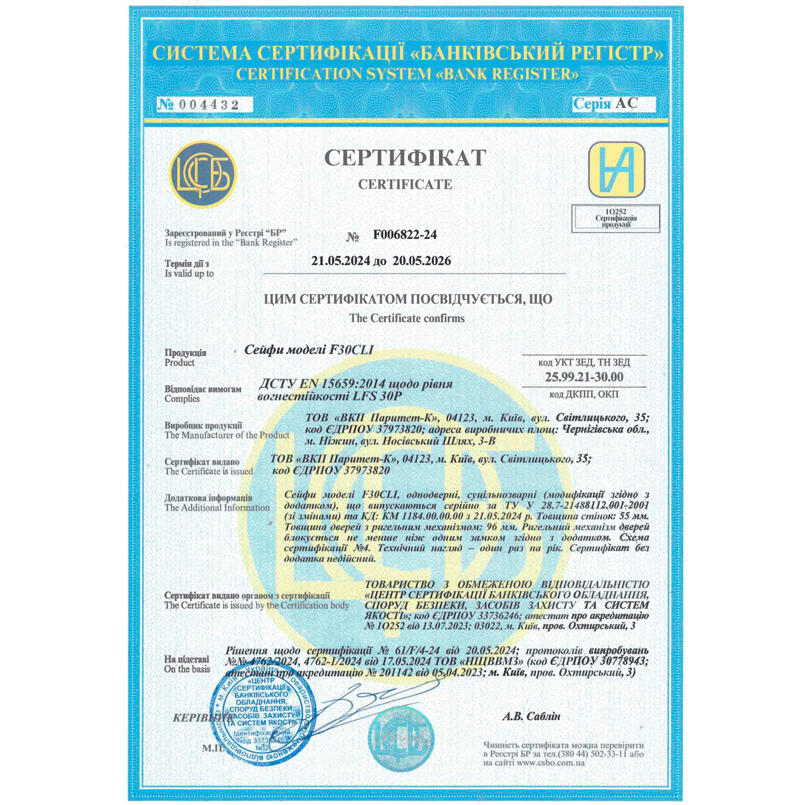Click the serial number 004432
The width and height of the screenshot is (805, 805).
point(208,105)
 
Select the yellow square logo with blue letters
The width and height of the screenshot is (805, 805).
point(616,169)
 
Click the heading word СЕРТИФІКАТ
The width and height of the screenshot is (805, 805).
point(405,158)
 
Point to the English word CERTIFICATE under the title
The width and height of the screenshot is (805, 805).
point(405,184)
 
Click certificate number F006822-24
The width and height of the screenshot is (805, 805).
point(405,235)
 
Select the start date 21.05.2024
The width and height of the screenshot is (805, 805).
point(341,261)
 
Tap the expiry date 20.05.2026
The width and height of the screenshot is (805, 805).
point(422,261)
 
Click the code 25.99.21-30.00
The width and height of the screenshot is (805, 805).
point(584,377)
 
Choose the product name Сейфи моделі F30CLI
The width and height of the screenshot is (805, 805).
point(309,350)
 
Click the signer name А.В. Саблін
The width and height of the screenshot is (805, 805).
point(531,716)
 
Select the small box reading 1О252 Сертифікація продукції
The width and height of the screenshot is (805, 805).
point(616,218)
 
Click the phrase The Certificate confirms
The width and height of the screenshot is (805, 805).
point(407,318)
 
